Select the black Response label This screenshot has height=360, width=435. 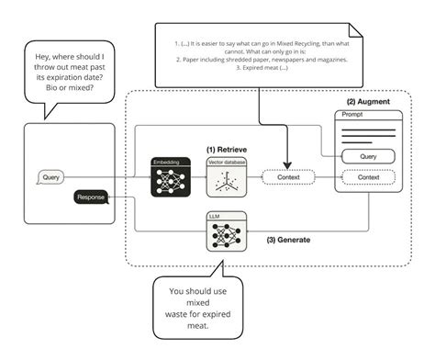point(91,196)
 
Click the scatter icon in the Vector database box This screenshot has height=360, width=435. point(225,182)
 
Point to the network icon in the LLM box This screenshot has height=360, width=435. point(225,236)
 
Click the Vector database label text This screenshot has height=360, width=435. point(225,161)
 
